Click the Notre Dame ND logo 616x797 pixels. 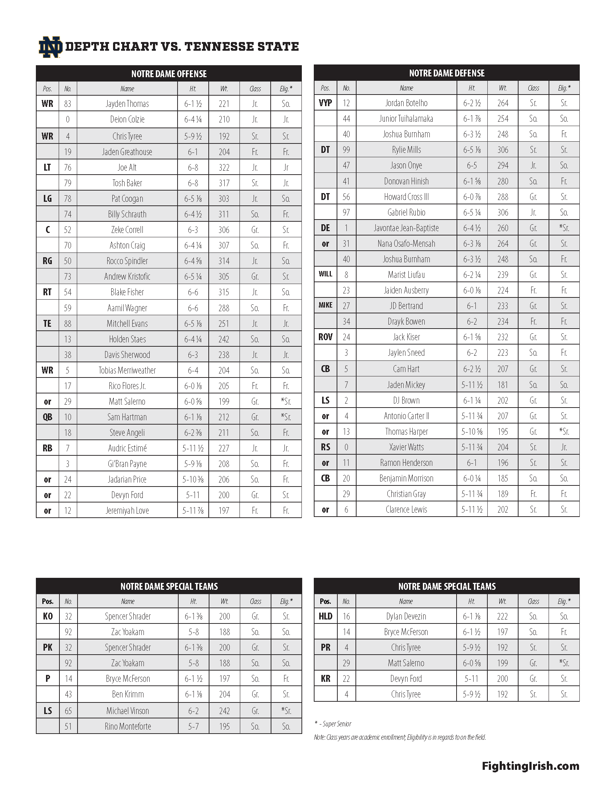50,47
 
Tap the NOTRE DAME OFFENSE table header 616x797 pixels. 168,74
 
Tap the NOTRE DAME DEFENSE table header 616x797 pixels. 447,73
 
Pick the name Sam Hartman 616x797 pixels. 127,417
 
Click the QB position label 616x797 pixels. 47,417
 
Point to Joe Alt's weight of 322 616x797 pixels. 224,167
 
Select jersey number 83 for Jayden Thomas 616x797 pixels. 67,104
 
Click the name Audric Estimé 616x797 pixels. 127,448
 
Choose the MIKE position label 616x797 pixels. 325,305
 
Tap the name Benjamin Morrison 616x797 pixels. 406,478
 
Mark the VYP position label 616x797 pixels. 325,103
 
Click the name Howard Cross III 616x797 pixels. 406,197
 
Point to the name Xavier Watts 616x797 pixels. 406,447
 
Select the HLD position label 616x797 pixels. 325,616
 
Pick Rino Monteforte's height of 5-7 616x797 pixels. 193,726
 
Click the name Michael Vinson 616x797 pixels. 127,710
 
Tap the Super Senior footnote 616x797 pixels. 333,724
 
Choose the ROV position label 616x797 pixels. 325,337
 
